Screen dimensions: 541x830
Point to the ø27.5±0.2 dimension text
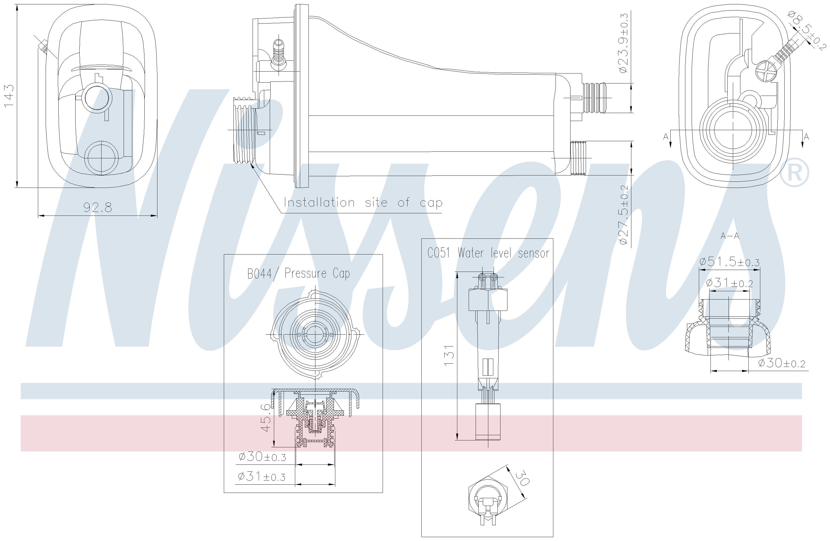click(x=624, y=215)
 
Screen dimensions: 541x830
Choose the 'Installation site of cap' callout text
click(x=363, y=203)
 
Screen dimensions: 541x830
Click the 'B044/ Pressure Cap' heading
click(x=298, y=274)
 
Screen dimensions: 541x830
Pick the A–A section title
click(x=730, y=236)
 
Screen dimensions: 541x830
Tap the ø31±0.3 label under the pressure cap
click(x=261, y=476)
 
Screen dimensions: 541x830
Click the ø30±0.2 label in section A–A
click(x=781, y=363)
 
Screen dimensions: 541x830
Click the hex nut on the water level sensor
click(x=487, y=299)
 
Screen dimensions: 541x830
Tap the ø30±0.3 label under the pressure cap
click(x=262, y=456)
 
